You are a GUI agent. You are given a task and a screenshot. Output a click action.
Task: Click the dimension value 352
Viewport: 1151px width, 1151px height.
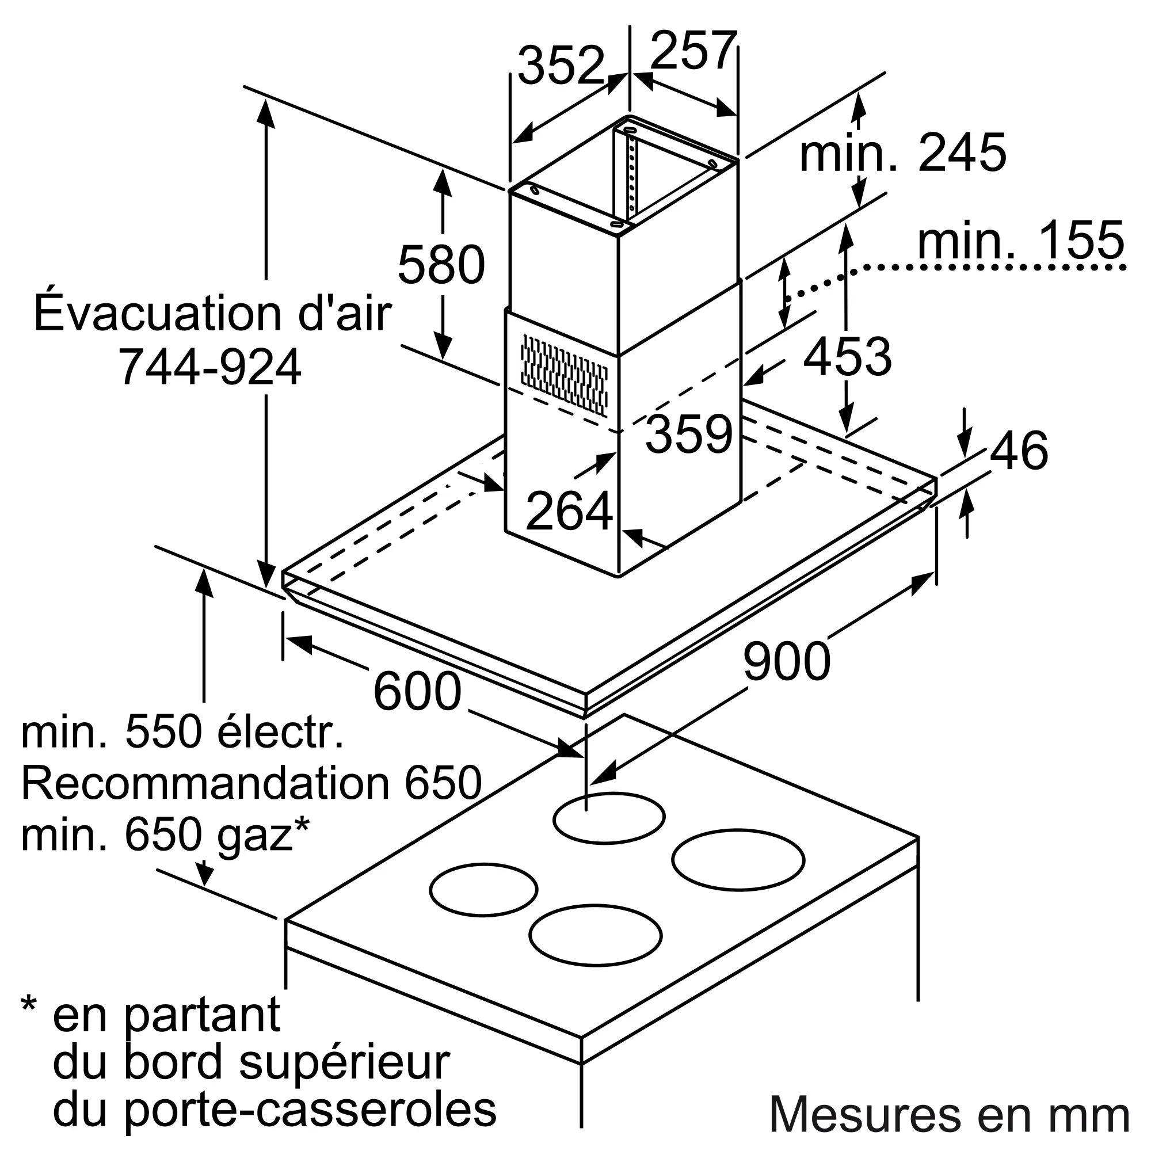(561, 66)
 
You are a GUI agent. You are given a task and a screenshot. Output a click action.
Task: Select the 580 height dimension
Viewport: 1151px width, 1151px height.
(441, 264)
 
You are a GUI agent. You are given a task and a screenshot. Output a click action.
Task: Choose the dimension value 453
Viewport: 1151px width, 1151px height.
(847, 356)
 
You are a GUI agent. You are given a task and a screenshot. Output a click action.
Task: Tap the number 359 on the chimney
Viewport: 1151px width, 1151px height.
(689, 434)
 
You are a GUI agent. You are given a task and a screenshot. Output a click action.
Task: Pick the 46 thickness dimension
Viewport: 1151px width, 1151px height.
(1019, 451)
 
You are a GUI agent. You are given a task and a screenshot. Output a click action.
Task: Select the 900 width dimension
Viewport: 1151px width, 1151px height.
(786, 661)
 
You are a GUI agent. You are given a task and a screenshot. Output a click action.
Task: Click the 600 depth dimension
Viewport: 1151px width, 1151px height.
(417, 691)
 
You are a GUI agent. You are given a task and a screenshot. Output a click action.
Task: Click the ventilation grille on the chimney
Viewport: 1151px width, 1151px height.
(564, 374)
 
